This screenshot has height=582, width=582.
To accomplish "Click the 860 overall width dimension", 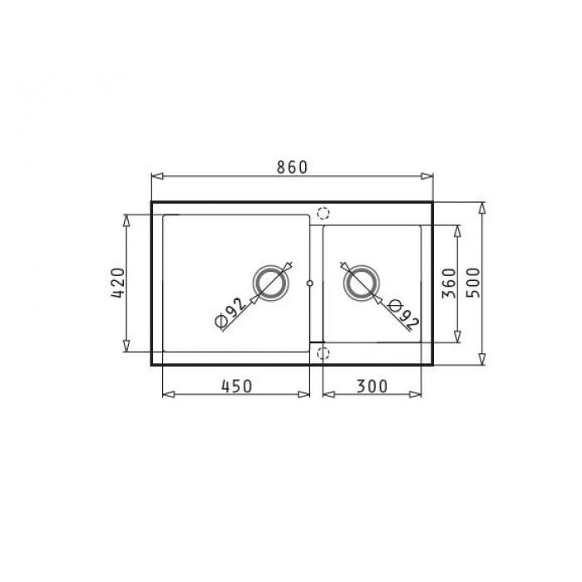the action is [293, 167].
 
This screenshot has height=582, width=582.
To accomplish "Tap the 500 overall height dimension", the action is [473, 283].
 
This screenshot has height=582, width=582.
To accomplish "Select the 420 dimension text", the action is [118, 283].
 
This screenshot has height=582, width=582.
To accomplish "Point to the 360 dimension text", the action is [449, 284].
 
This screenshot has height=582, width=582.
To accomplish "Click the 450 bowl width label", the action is [237, 387].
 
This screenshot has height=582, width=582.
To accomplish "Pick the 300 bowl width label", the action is [372, 387].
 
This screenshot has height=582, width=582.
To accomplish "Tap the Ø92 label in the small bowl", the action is [403, 315].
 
